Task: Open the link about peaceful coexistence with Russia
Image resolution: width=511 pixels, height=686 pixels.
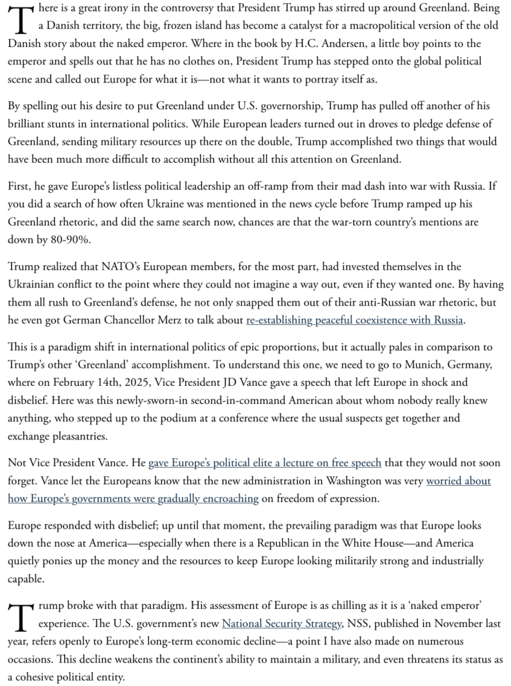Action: [x=355, y=320]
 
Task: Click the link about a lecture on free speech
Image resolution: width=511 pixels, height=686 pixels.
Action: [x=265, y=463]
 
